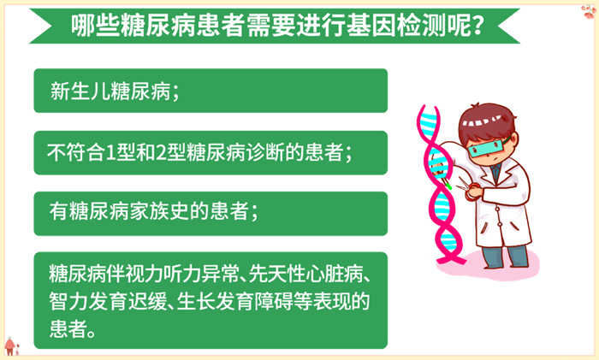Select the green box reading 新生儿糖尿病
[x=210, y=91]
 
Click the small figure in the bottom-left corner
[x=11, y=345]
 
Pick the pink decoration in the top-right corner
[x=587, y=10]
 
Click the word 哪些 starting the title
[x=91, y=25]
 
